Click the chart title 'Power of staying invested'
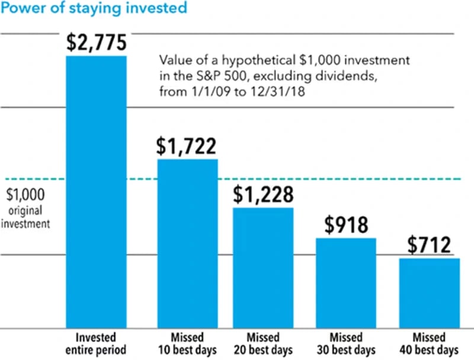[x=94, y=8]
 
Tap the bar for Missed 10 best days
[x=187, y=243]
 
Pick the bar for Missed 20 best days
[x=263, y=267]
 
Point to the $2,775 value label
[x=96, y=42]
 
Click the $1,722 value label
[x=187, y=146]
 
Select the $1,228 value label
[x=263, y=194]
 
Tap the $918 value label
[x=346, y=225]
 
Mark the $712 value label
[x=430, y=245]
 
